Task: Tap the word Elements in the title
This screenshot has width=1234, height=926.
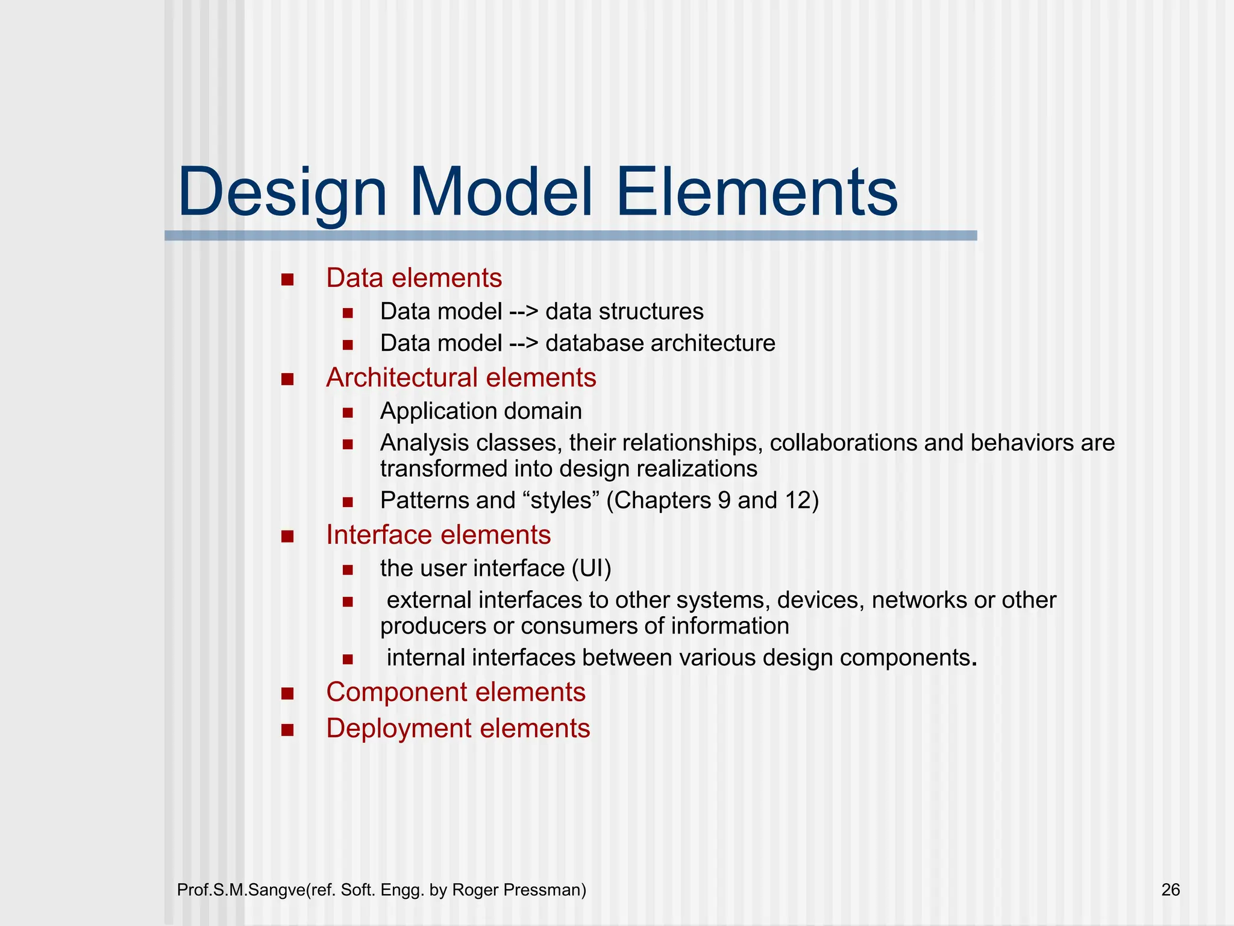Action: pos(756,193)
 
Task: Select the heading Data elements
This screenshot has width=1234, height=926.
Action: pos(414,278)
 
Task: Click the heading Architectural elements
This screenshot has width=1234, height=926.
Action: pos(461,378)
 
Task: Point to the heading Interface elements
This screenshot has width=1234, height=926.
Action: pos(438,535)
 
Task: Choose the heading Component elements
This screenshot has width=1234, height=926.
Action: pos(456,692)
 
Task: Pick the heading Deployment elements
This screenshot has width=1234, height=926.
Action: pos(458,728)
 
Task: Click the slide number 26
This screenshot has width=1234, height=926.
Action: pos(1170,890)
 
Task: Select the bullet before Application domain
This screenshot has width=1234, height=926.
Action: pos(347,413)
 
